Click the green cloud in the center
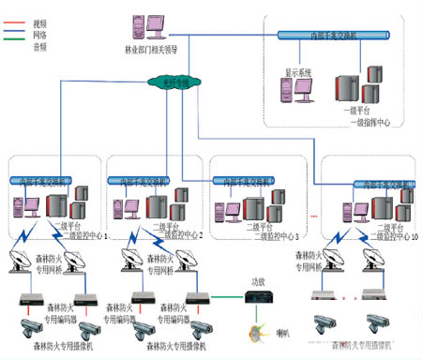pyautogui.click(x=173, y=84)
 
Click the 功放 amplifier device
pyautogui.click(x=257, y=296)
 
